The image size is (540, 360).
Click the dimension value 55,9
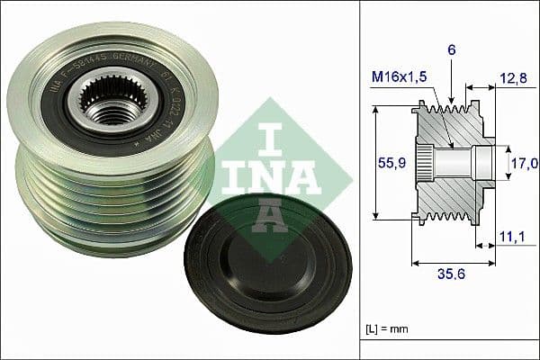coord(391,163)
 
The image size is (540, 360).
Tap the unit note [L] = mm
coord(388,331)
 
